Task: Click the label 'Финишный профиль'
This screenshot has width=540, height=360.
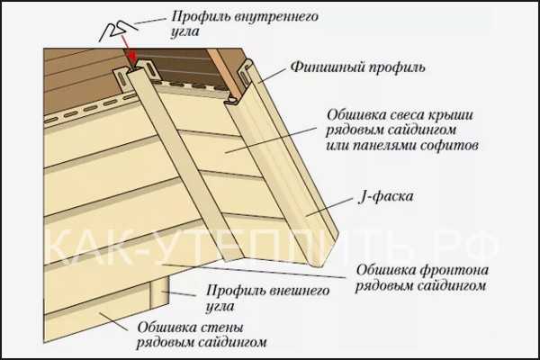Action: pos(357,67)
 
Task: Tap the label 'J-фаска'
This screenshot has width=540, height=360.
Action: pos(386,197)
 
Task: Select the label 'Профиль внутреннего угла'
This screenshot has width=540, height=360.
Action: pos(245,23)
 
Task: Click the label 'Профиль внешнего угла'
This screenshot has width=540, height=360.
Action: pos(267,298)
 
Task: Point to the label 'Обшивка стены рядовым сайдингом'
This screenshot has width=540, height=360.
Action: pos(202,335)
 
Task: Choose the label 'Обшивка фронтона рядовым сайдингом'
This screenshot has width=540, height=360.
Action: pos(422,278)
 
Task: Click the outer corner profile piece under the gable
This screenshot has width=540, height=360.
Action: pos(159,290)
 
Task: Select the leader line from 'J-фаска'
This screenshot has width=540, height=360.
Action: pos(329,207)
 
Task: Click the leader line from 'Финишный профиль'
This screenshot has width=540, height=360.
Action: pos(272,76)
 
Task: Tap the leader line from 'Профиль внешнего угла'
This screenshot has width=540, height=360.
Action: pos(179,293)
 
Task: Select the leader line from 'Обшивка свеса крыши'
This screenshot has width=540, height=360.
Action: pos(271,139)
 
